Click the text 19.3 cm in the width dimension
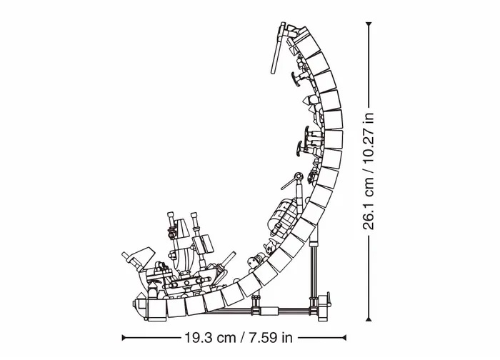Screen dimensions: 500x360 pyautogui.click(x=210, y=337)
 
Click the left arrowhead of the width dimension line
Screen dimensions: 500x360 pyautogui.click(x=124, y=337)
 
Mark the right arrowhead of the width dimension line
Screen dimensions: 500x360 pyautogui.click(x=344, y=337)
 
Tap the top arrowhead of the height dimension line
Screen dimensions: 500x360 pyautogui.click(x=369, y=24)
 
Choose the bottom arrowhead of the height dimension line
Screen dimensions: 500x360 pyautogui.click(x=369, y=318)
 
